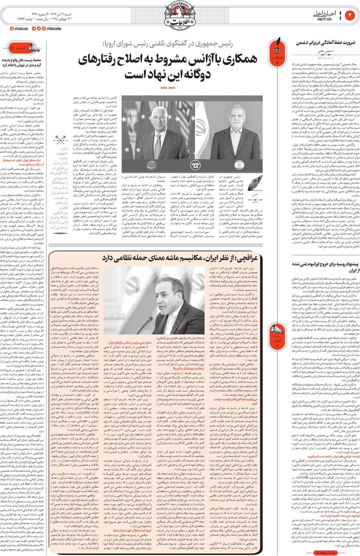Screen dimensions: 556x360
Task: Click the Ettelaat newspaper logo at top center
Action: [x=180, y=14]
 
